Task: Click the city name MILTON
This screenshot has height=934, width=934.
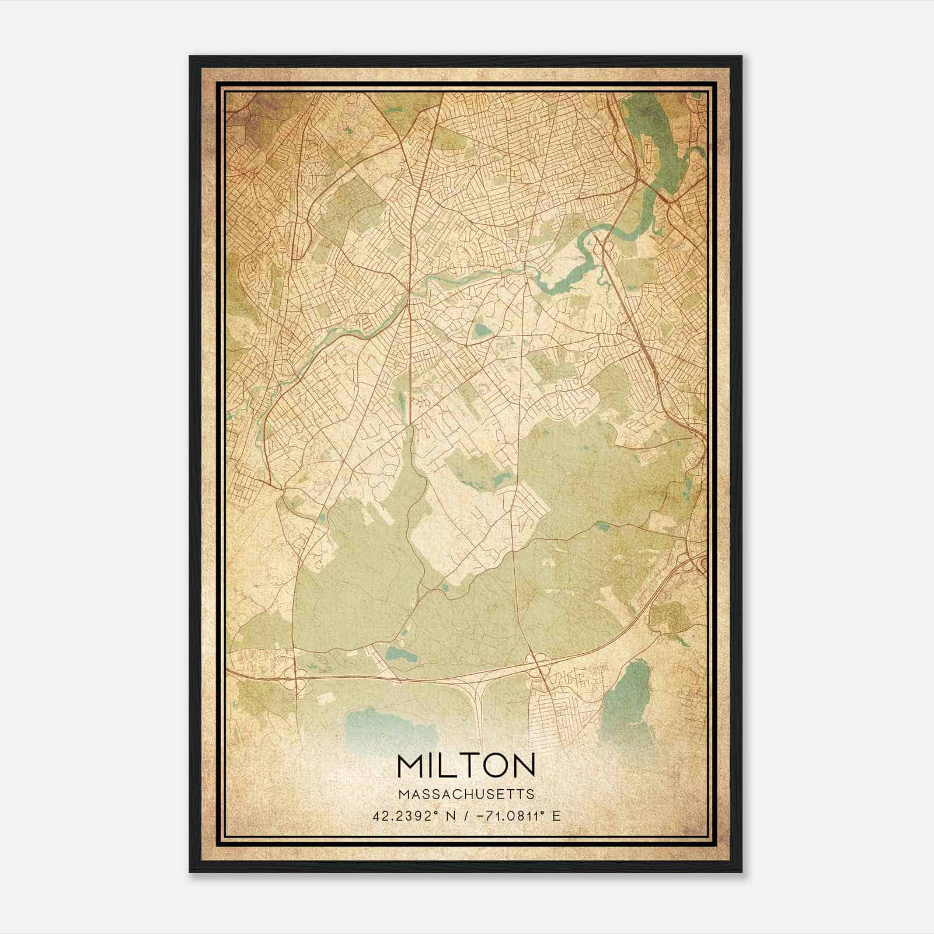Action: tap(466, 766)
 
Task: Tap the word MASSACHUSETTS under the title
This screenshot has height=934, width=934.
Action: tap(466, 794)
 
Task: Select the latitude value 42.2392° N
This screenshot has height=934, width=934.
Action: tap(412, 815)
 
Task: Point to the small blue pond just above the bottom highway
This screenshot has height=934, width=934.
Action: tap(402, 654)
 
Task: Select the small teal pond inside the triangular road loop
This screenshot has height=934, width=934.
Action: tap(483, 331)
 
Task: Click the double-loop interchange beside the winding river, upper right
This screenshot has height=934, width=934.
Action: tap(602, 251)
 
